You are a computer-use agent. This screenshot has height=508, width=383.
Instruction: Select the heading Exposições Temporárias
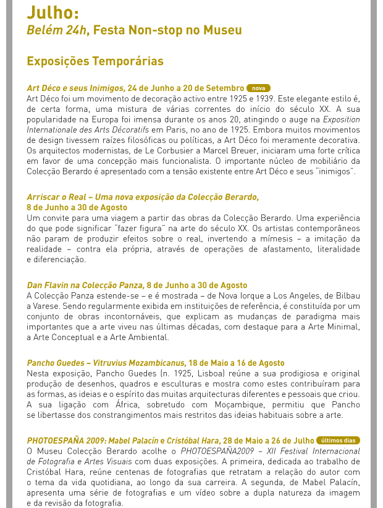pos(95,61)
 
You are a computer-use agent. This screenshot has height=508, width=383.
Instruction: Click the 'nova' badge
pos(258,88)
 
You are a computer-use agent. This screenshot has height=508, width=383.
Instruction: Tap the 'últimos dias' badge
pos(338,441)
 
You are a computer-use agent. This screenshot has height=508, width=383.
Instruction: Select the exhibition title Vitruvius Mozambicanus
pos(140,363)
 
